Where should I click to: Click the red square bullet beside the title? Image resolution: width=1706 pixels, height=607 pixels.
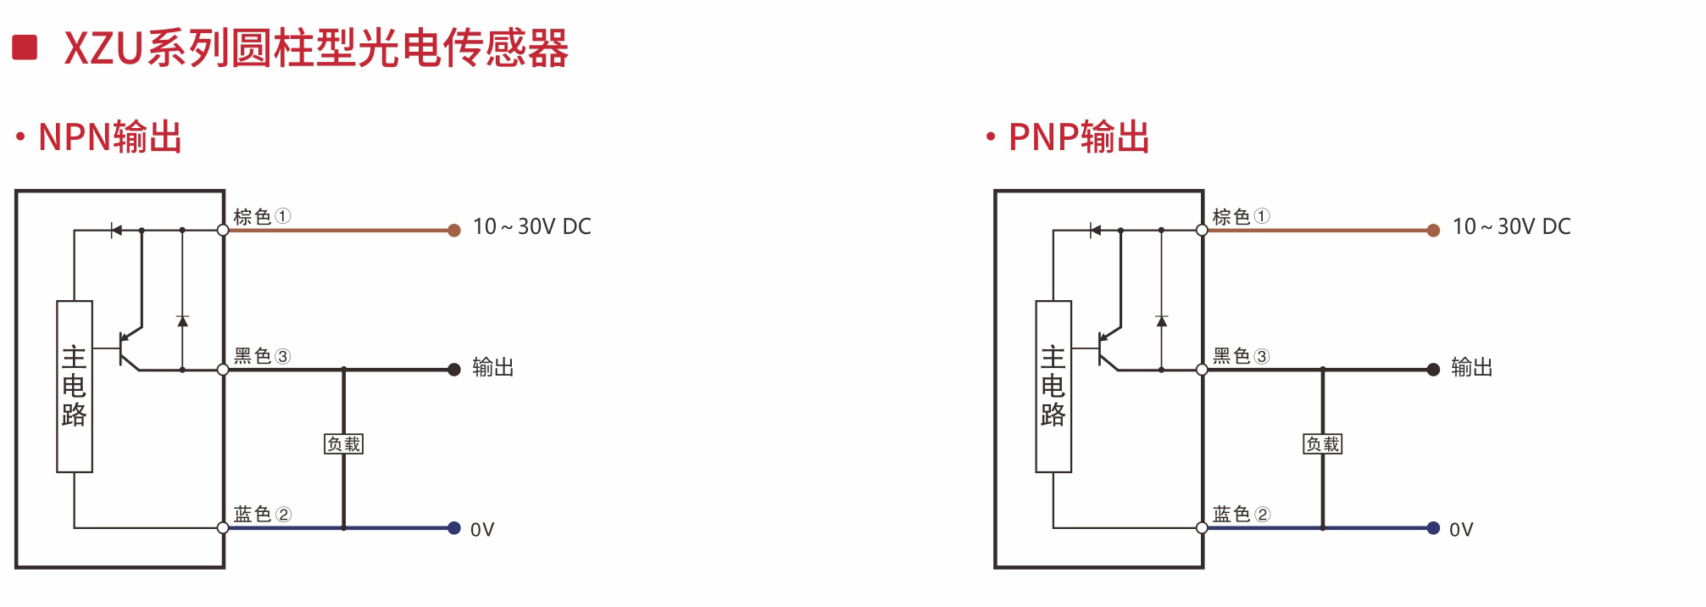coord(25,47)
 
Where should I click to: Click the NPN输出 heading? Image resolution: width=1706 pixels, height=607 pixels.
coord(110,137)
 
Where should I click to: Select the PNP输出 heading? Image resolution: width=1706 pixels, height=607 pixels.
coord(1079,137)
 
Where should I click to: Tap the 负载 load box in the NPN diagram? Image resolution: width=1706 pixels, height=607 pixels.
coord(344,444)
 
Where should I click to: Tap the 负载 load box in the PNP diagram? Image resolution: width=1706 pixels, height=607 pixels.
coord(1322,444)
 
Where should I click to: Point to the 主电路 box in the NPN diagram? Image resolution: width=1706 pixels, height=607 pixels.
coord(75,387)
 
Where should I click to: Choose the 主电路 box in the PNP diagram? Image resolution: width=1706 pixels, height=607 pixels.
coord(1053,387)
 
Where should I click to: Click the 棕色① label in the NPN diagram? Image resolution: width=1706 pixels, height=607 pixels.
coord(262,216)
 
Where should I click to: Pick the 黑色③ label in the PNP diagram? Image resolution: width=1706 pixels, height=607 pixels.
coord(1241,356)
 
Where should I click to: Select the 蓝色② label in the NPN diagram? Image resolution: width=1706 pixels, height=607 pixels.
coord(262,514)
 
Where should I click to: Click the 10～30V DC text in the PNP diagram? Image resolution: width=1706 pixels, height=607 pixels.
coord(1511,227)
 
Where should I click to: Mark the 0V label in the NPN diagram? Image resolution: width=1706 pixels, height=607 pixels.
coord(482,530)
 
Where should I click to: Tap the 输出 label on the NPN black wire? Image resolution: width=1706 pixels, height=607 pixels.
coord(493,368)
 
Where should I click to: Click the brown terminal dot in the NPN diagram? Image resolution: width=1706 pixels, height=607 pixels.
coord(454,231)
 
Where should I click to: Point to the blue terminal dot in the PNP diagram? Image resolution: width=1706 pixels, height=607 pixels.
coord(1433,528)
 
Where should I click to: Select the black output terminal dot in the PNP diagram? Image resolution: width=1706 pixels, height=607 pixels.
coord(1433,370)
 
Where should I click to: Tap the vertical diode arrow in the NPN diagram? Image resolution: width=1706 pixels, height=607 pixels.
coord(182,321)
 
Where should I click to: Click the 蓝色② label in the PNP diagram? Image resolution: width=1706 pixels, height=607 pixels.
coord(1241,514)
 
